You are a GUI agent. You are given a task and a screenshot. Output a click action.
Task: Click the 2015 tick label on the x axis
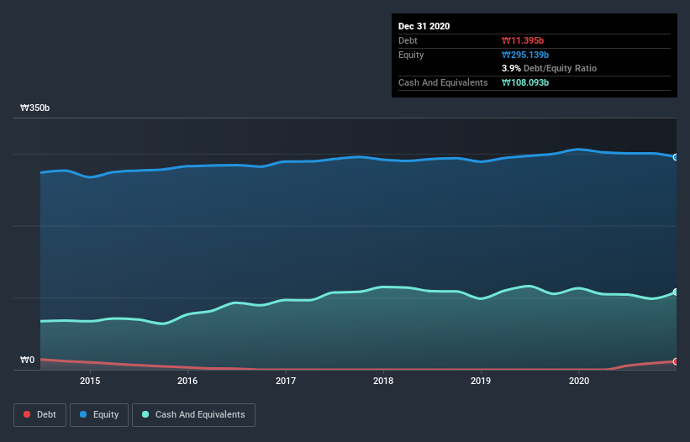[90, 381]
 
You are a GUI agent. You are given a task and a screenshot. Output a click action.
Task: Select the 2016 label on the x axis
[187, 381]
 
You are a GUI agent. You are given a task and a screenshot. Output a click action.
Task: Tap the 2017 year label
[286, 381]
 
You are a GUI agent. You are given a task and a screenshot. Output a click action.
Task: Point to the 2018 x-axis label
[383, 381]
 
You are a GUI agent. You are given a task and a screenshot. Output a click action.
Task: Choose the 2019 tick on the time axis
[481, 381]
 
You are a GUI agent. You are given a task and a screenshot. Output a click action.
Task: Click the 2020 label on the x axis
[579, 381]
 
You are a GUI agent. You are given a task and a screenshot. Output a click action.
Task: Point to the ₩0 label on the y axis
[28, 360]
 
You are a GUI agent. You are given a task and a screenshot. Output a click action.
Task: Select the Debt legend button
[39, 414]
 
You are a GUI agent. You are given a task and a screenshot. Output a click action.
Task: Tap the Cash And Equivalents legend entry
[193, 414]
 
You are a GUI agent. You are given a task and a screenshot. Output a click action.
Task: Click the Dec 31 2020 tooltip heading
[424, 26]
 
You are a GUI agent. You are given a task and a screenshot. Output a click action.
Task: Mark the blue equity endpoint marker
[675, 157]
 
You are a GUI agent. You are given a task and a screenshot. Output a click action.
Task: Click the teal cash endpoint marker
[675, 292]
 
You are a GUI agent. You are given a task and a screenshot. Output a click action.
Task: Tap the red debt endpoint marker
[675, 361]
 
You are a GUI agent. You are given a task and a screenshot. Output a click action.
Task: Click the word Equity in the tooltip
[412, 55]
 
